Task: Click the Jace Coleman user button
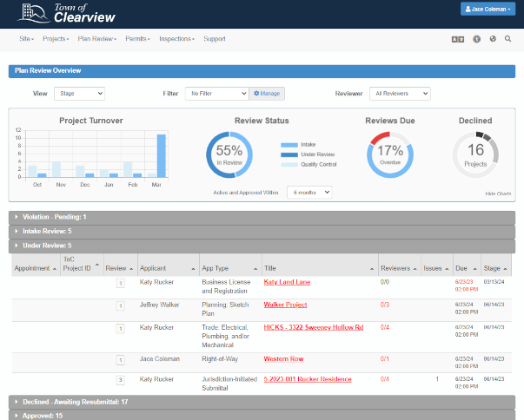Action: click(488, 10)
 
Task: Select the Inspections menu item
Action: click(176, 39)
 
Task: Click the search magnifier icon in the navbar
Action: click(507, 39)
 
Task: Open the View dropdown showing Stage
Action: click(79, 93)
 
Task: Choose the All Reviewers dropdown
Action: click(400, 93)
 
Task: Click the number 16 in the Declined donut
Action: click(475, 150)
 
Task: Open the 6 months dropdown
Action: click(309, 192)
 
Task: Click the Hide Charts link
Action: click(497, 193)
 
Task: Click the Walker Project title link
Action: click(285, 305)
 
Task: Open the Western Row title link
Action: click(283, 358)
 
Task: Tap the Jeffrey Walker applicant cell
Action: click(159, 305)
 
